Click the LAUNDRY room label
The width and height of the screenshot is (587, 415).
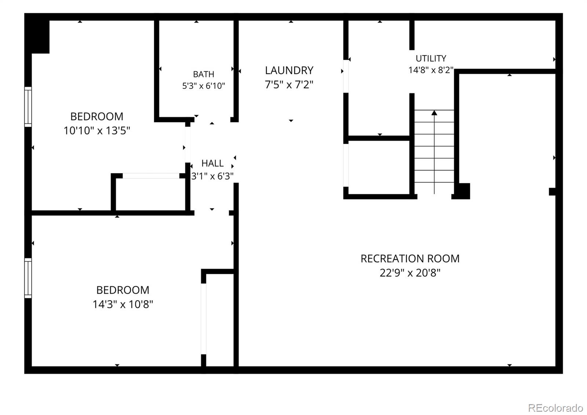[x=289, y=70]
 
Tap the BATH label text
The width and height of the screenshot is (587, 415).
[x=204, y=74]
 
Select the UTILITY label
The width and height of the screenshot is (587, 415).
[x=431, y=58]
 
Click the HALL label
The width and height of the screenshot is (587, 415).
[x=212, y=164]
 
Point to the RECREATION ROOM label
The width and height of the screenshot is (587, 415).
[x=410, y=259]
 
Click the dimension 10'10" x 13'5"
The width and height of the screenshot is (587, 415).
[x=97, y=131]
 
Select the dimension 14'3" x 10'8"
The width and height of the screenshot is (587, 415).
[x=123, y=304]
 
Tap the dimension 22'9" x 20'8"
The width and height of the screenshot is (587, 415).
[x=410, y=273]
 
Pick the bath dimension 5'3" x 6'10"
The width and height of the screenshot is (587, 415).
[x=204, y=86]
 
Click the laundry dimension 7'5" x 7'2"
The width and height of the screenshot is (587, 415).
[x=289, y=85]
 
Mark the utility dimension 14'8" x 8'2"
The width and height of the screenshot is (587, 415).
[x=431, y=70]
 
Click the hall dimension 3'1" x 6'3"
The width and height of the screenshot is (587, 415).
[x=212, y=176]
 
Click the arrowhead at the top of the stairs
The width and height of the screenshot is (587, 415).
[x=434, y=113]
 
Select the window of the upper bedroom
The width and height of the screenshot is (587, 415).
[x=28, y=107]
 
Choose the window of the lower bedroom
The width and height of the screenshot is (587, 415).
[x=28, y=278]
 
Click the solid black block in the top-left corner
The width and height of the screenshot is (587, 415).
[x=37, y=33]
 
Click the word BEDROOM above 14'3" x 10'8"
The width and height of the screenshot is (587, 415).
[x=123, y=290]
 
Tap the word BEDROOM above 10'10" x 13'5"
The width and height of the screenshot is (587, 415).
[x=97, y=117]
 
